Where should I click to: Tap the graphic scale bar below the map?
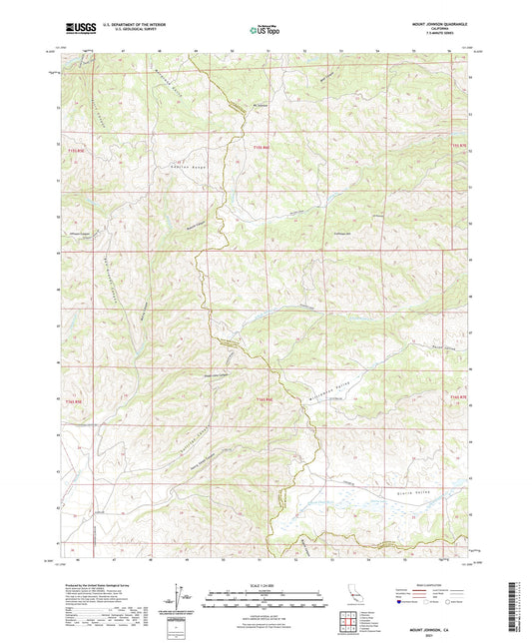click(x=265, y=598)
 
